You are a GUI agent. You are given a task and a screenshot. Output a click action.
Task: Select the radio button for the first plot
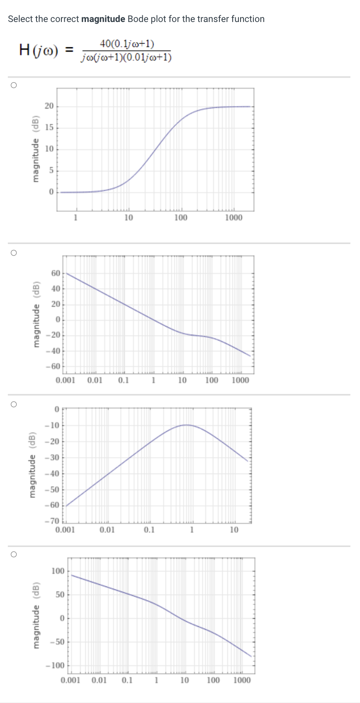14,85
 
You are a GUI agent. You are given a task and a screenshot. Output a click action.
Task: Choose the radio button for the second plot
14,253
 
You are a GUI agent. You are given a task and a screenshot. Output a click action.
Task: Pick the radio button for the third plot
14,404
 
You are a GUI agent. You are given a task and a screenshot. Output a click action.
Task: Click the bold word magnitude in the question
103,19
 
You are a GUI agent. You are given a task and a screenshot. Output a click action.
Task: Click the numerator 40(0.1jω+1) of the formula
127,44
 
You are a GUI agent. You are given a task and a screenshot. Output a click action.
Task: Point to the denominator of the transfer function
127,57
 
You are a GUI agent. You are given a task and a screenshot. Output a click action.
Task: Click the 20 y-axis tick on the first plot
49,106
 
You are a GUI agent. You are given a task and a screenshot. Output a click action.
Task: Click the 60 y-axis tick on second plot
56,273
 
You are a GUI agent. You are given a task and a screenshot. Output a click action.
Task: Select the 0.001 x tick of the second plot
66,380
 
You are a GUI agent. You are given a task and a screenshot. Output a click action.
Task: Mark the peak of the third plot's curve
187,425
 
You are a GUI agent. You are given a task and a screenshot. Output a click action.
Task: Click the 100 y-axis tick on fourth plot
58,571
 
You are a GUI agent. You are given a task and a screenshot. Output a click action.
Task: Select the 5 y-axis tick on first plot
51,171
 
